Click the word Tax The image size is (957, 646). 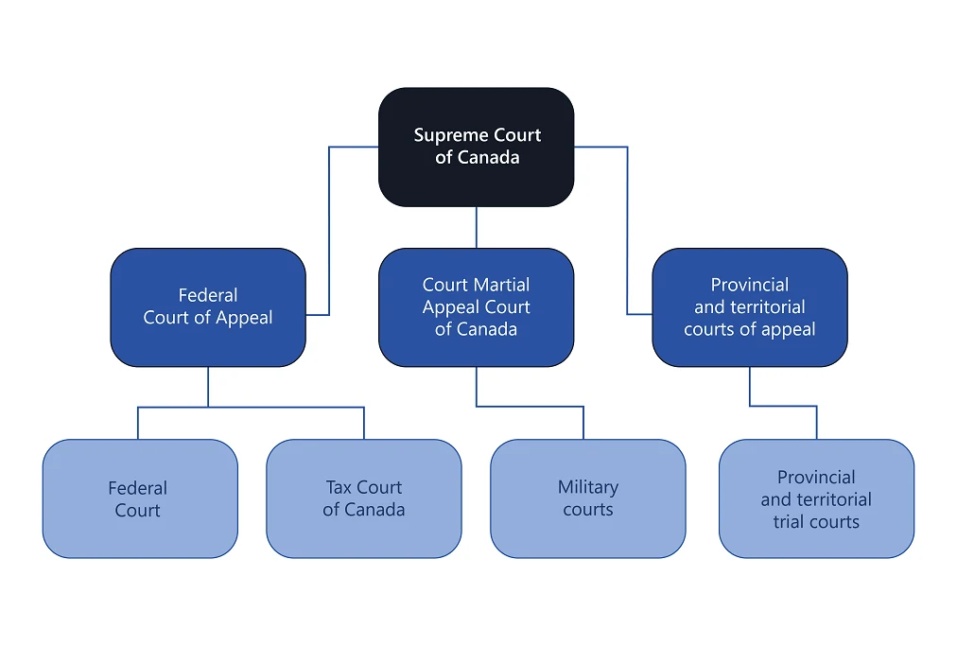[x=339, y=488]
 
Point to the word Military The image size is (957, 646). [x=587, y=488]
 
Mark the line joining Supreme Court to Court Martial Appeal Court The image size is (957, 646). [x=476, y=227]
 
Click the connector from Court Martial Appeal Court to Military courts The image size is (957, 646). [x=530, y=407]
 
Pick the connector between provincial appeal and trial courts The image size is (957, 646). [x=783, y=406]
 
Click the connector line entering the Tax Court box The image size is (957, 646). [x=364, y=424]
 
